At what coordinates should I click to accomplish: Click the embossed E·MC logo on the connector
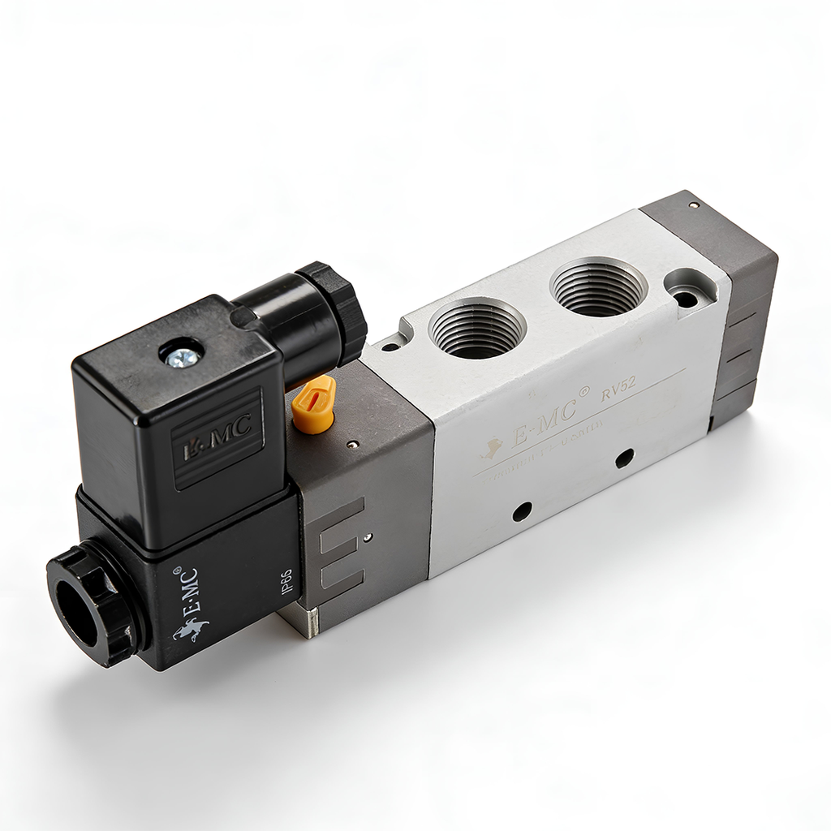[x=217, y=437]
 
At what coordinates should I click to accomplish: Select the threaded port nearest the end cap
[x=597, y=286]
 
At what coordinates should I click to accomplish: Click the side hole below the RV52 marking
[x=624, y=458]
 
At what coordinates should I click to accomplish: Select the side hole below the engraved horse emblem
[x=522, y=510]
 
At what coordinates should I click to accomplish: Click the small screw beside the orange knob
[x=351, y=444]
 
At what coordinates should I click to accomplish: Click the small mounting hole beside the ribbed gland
[x=390, y=347]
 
